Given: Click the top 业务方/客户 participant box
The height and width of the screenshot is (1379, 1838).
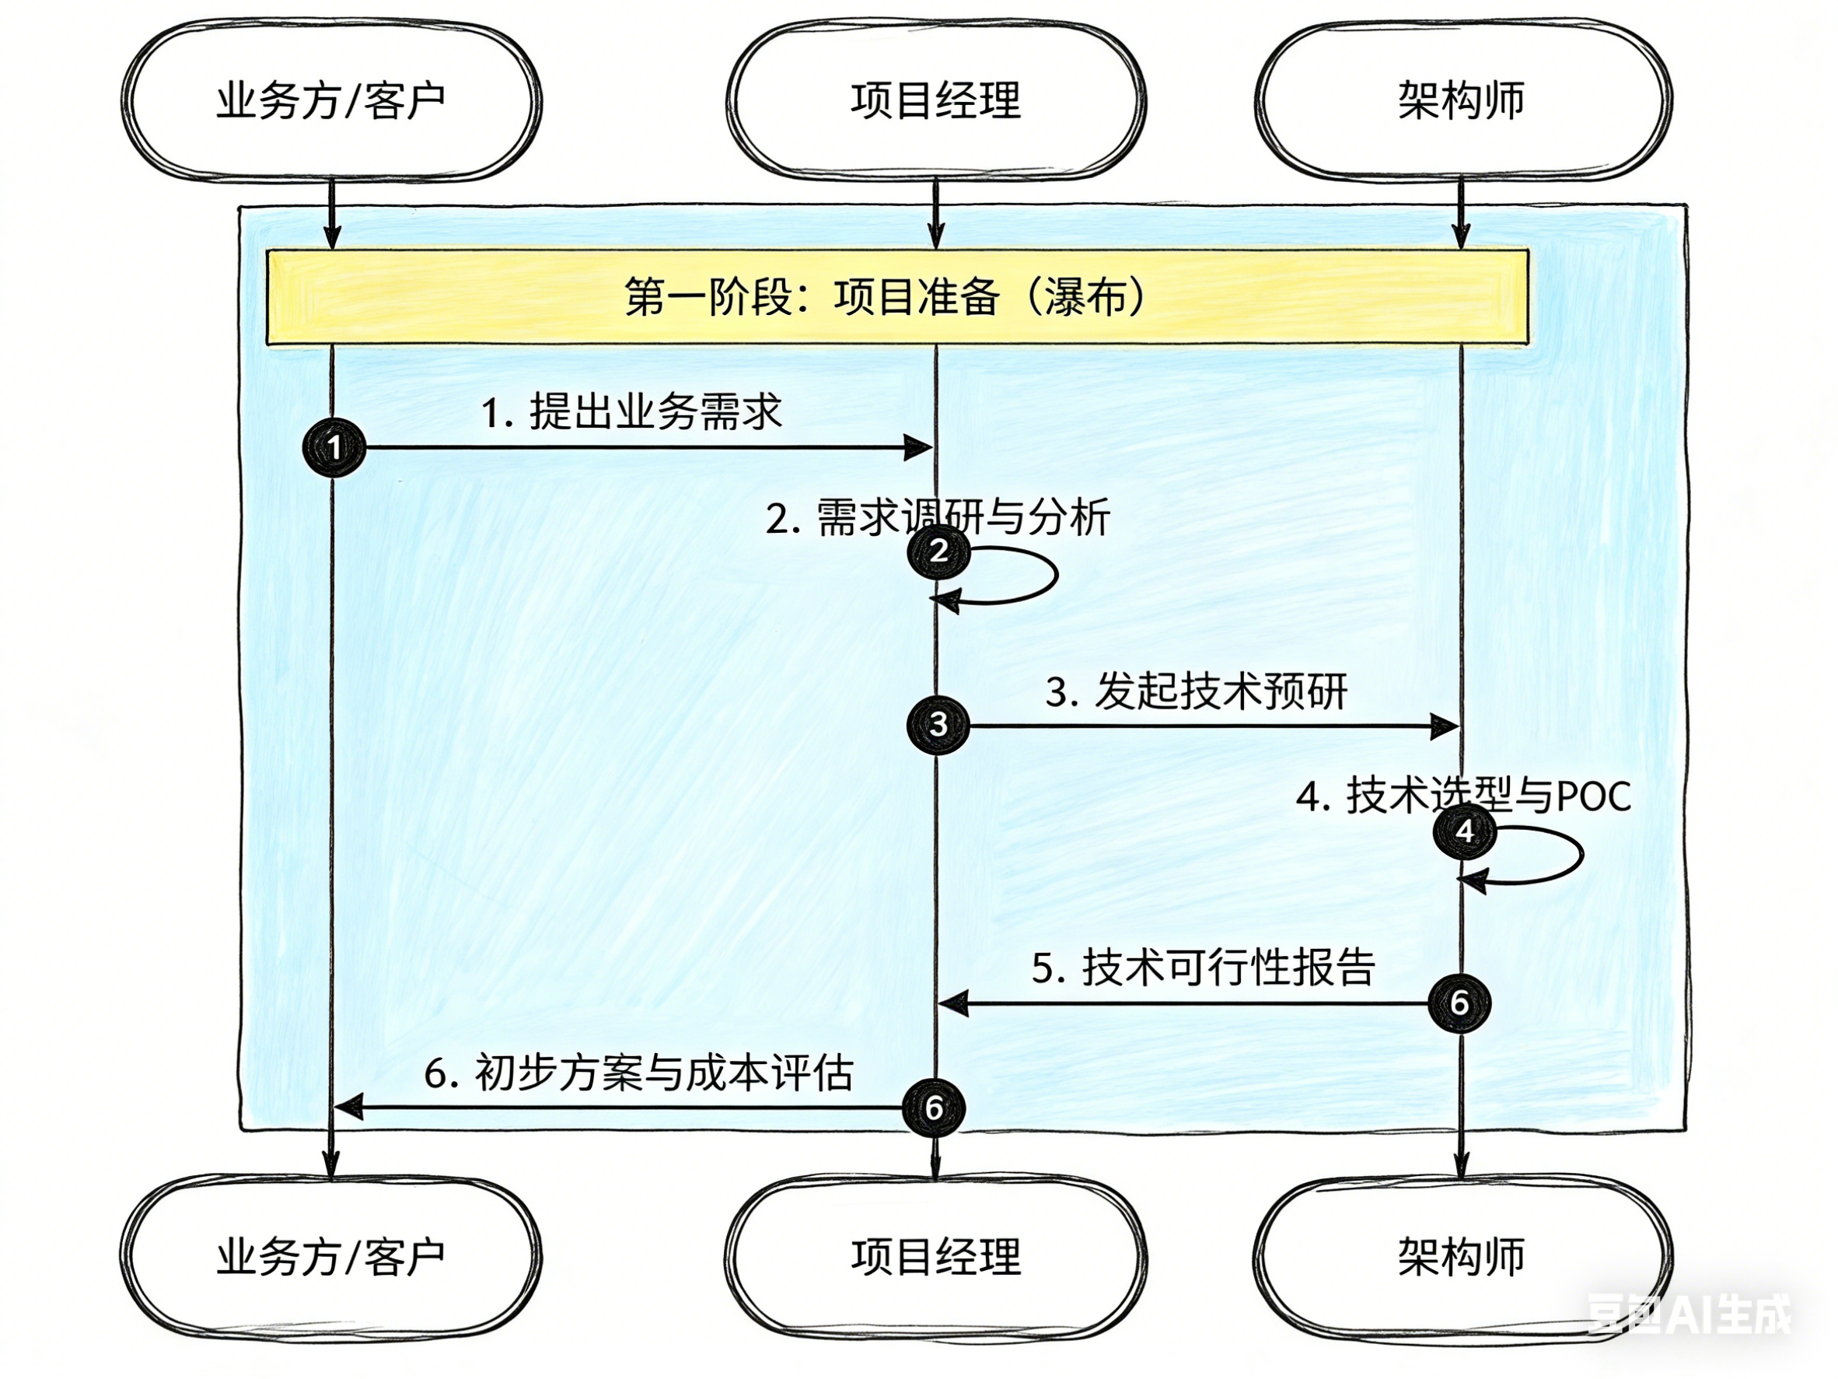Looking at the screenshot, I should click(330, 100).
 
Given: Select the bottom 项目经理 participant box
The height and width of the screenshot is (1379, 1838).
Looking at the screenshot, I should click(935, 1256).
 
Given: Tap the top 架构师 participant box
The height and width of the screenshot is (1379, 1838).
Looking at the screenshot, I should click(1462, 100).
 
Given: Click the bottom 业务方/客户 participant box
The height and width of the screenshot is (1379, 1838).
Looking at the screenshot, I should click(330, 1256).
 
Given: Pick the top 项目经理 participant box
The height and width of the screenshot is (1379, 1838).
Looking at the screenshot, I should click(935, 100).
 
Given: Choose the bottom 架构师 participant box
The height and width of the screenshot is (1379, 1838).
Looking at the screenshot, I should click(1462, 1256).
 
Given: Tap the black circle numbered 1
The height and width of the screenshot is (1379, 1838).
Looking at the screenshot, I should click(334, 447).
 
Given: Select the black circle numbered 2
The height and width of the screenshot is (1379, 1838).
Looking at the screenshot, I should click(939, 550).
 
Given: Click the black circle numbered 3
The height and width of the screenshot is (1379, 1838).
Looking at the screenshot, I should click(938, 724).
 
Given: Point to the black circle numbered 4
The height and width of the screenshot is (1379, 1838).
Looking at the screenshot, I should click(1465, 831).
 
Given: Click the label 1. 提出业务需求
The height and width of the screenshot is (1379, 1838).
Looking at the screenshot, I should click(631, 411).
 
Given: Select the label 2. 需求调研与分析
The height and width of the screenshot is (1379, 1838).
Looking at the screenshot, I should click(938, 518).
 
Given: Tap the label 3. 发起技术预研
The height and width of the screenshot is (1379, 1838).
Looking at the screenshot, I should click(1196, 691).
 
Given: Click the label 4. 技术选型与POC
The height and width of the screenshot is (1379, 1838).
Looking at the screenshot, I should click(1463, 796).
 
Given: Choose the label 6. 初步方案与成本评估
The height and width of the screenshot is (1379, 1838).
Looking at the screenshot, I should click(638, 1073).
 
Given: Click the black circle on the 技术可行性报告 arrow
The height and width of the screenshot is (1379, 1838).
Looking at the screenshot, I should click(1459, 1003).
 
